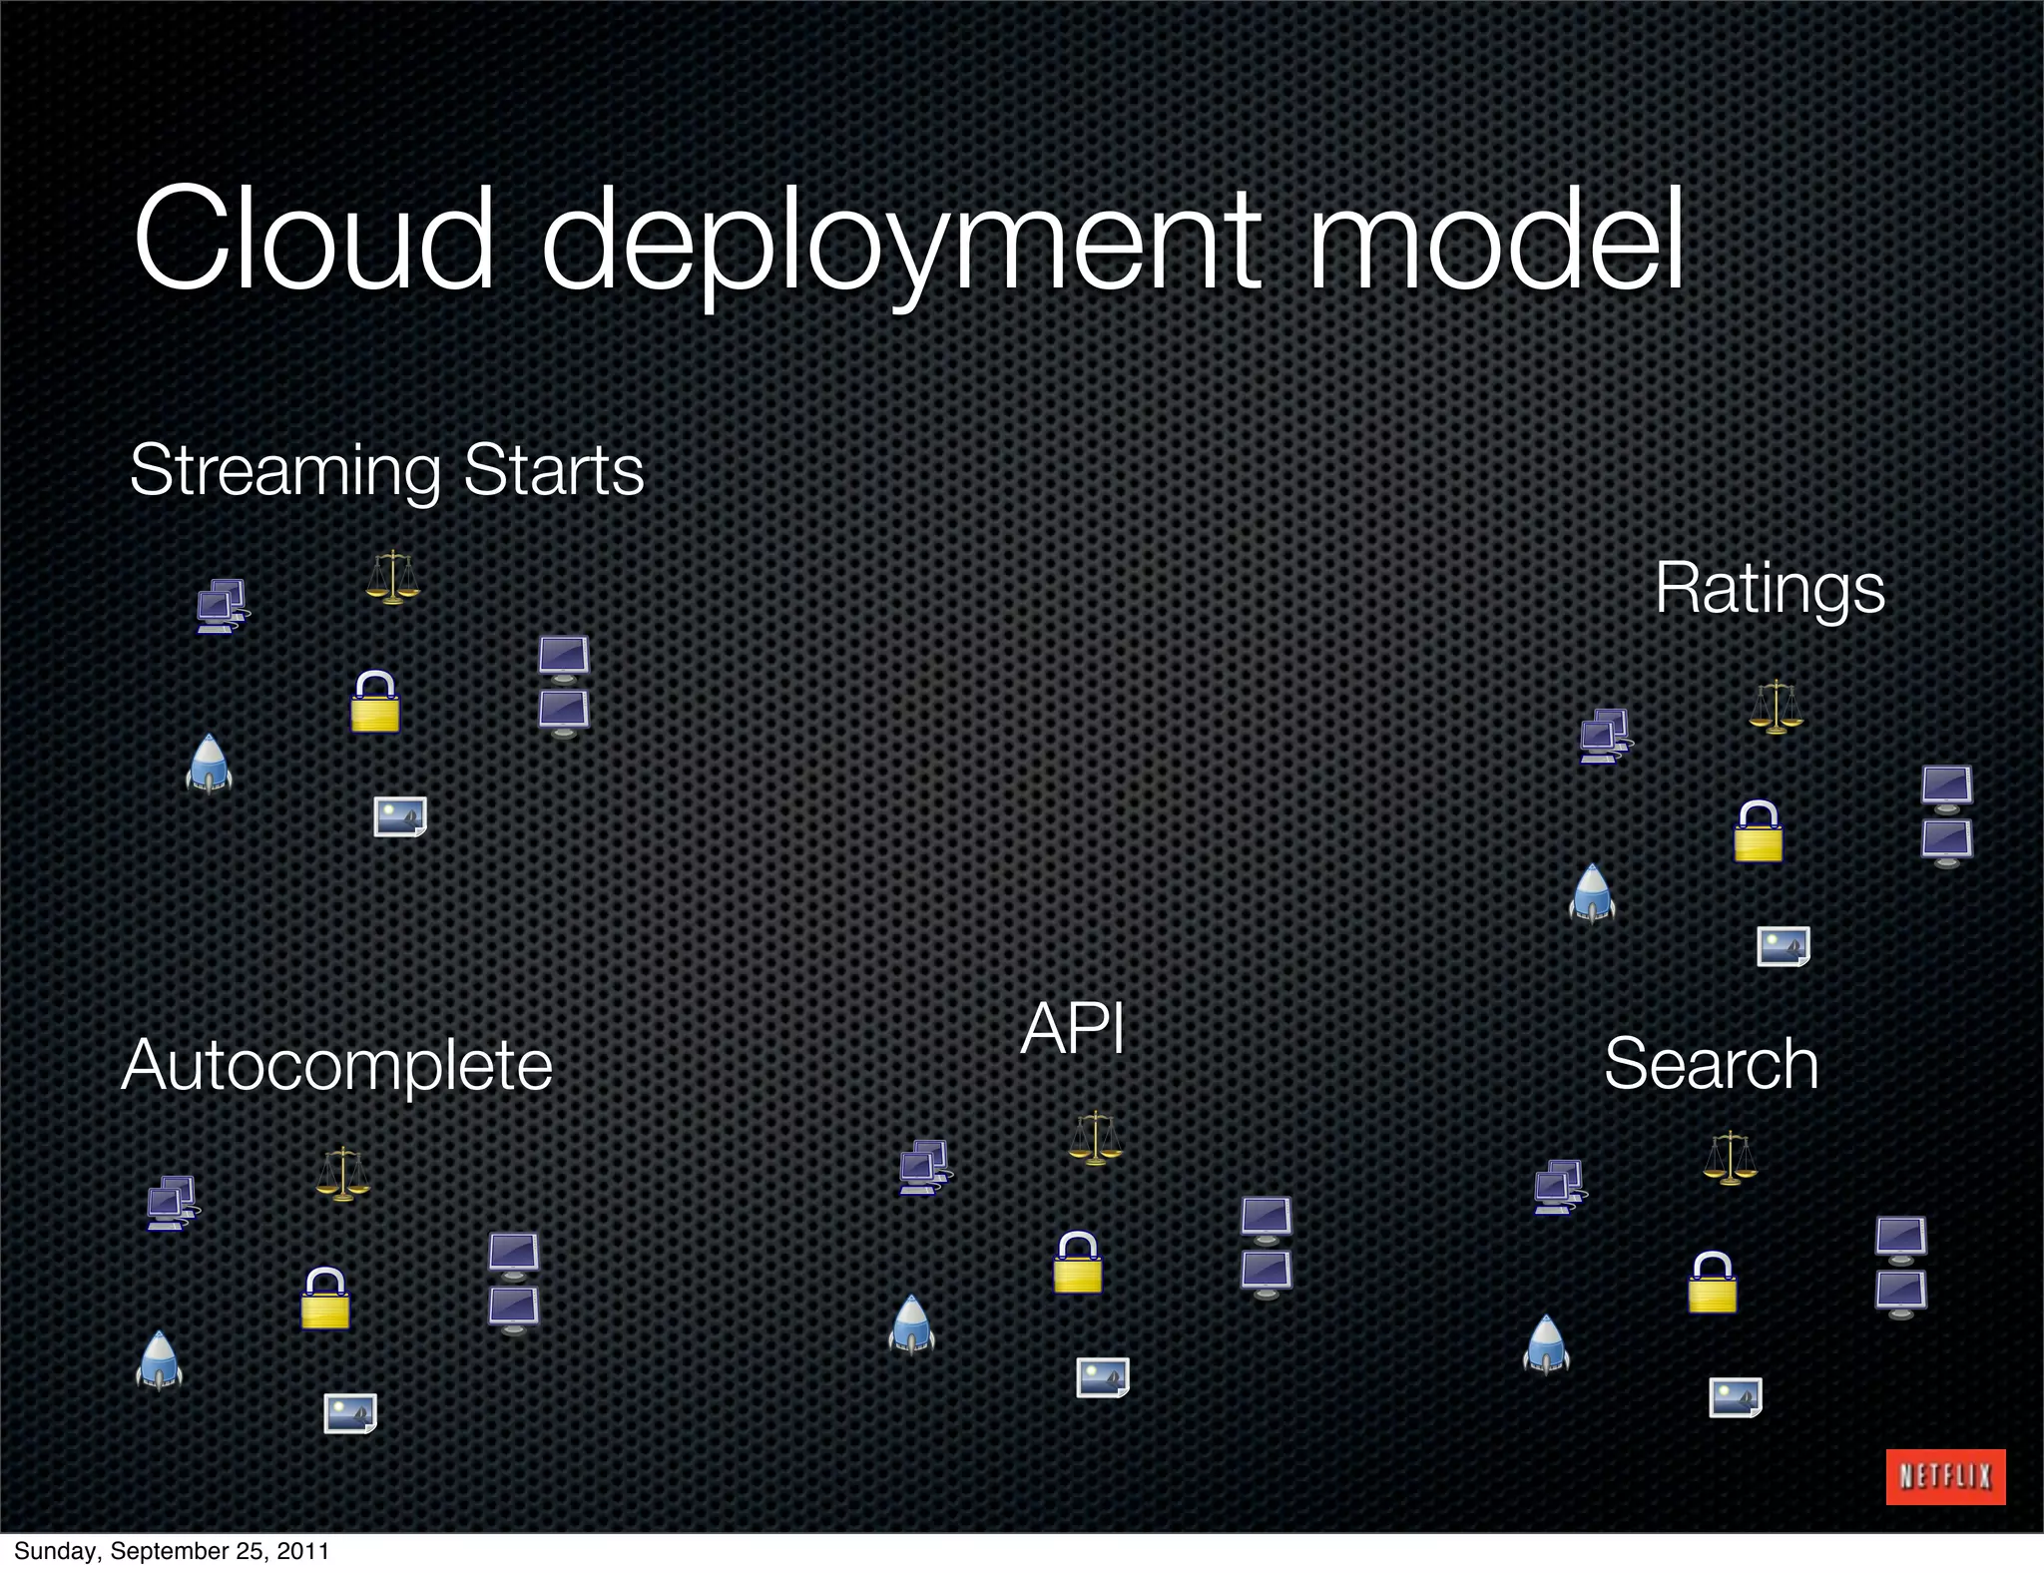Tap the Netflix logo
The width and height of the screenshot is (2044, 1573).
click(x=1945, y=1476)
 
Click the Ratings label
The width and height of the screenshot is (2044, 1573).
click(x=1770, y=588)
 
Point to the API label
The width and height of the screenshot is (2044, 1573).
click(x=1073, y=1028)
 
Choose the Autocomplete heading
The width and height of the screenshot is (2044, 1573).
click(x=337, y=1065)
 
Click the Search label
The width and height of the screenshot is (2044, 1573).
click(x=1711, y=1064)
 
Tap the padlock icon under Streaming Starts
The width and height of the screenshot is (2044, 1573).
click(x=375, y=702)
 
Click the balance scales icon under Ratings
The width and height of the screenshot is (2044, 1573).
click(x=1776, y=707)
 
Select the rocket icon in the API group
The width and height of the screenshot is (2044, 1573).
click(x=911, y=1325)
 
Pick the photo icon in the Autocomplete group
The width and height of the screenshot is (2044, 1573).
click(x=350, y=1413)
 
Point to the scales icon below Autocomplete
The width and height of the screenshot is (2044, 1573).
click(x=342, y=1174)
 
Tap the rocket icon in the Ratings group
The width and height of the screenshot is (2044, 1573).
click(x=1592, y=894)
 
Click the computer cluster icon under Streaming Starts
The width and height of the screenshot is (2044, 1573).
click(x=222, y=606)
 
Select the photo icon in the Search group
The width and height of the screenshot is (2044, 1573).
click(x=1736, y=1397)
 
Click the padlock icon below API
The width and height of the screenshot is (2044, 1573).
click(x=1078, y=1263)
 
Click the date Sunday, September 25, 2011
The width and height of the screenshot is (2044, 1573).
click(x=171, y=1551)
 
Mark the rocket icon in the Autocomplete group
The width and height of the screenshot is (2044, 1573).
click(x=159, y=1361)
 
